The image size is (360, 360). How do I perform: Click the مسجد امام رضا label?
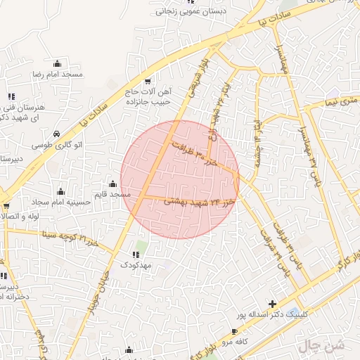[x=58, y=74]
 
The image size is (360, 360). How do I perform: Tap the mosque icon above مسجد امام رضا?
[x=58, y=63]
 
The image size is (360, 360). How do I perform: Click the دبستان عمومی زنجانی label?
[x=188, y=11]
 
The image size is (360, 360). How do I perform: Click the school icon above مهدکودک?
[x=136, y=253]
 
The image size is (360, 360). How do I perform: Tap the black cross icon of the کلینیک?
[x=272, y=304]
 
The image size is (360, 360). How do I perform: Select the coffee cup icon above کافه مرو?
[x=235, y=331]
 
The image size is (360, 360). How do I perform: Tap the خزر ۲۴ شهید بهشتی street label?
[x=199, y=202]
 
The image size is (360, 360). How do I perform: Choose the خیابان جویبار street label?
[x=98, y=285]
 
